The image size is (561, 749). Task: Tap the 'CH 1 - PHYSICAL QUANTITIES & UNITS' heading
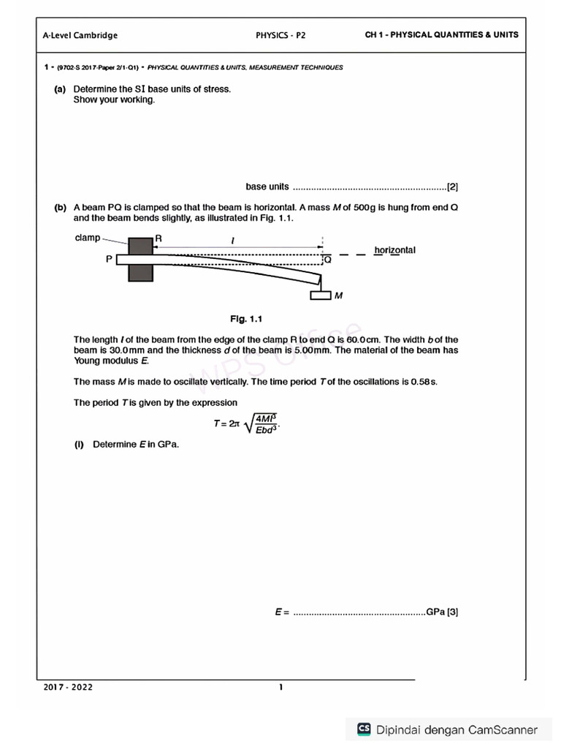tap(442, 34)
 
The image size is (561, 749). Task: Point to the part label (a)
tap(60, 89)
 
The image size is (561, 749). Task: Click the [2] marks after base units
tap(453, 187)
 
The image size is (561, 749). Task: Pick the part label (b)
tap(60, 208)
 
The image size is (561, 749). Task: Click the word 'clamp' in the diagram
tap(88, 238)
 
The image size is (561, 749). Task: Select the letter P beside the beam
tap(108, 258)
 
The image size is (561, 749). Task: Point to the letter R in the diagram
tap(158, 239)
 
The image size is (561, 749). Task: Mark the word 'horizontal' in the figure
tap(394, 250)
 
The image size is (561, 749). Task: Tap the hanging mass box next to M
tap(321, 296)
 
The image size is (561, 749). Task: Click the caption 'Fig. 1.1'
tap(245, 319)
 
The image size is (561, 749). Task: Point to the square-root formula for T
tap(247, 423)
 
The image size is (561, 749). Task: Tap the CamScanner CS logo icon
tap(363, 729)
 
